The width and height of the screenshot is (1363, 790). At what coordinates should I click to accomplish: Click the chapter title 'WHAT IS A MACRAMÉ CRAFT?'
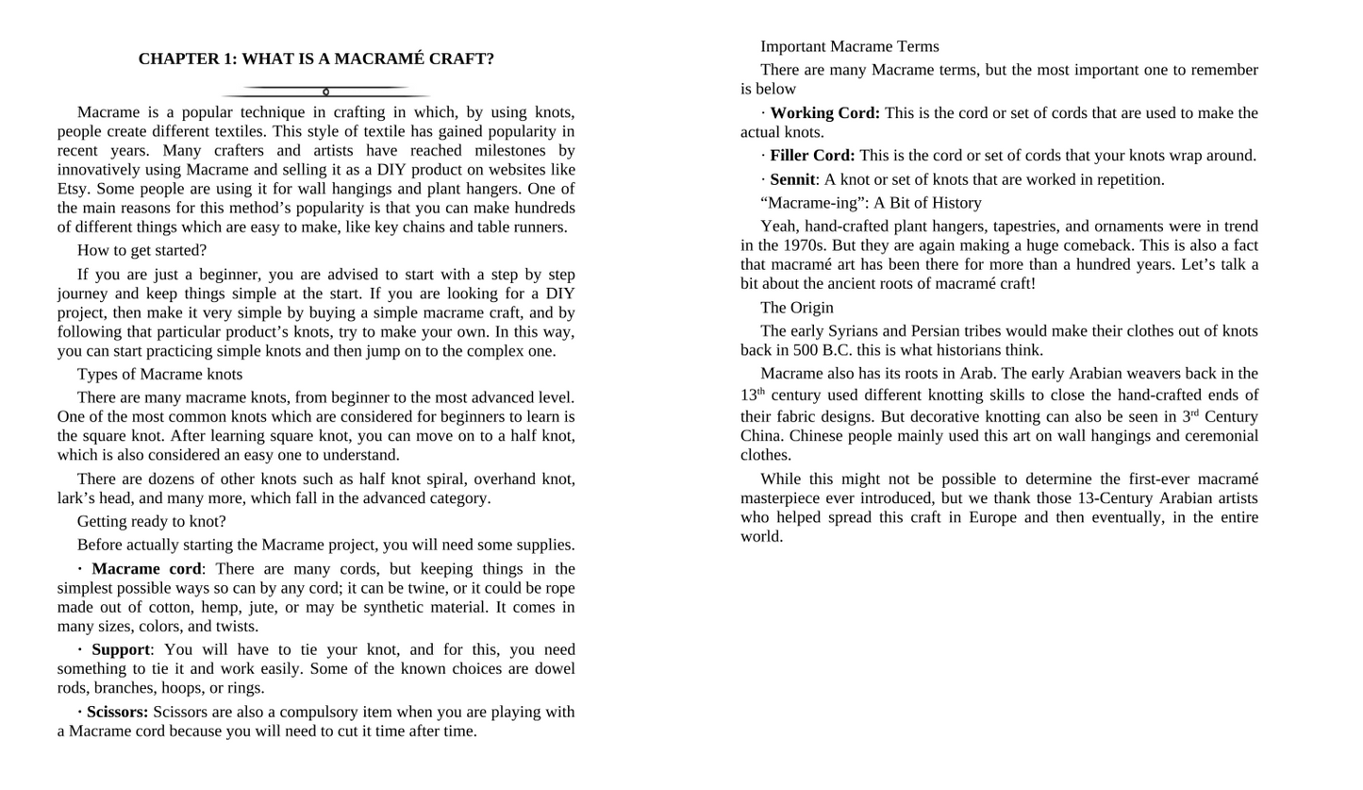tap(316, 59)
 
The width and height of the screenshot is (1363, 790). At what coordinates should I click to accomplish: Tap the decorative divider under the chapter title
tap(325, 92)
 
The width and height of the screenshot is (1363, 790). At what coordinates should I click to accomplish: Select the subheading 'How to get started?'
tap(141, 250)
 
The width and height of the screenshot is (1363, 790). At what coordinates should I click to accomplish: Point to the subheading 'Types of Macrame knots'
tap(159, 374)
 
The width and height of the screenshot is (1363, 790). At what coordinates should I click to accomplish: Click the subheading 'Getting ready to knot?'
tap(151, 521)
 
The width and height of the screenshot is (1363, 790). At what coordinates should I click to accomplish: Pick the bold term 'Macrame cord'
tap(146, 568)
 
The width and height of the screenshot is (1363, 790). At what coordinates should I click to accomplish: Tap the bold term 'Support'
tap(121, 649)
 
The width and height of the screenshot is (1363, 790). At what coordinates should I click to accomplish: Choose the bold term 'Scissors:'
tap(117, 712)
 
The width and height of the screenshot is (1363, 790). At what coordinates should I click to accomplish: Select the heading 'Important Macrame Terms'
tap(849, 46)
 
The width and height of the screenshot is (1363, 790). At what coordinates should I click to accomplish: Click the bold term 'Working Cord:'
tap(824, 113)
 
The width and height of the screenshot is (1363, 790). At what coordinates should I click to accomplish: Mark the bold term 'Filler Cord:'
tap(812, 156)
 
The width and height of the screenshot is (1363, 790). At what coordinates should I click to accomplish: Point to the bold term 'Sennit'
tap(792, 179)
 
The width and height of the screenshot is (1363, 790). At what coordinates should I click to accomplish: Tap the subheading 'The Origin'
tap(796, 308)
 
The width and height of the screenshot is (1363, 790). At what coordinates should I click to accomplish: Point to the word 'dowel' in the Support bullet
tap(553, 669)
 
